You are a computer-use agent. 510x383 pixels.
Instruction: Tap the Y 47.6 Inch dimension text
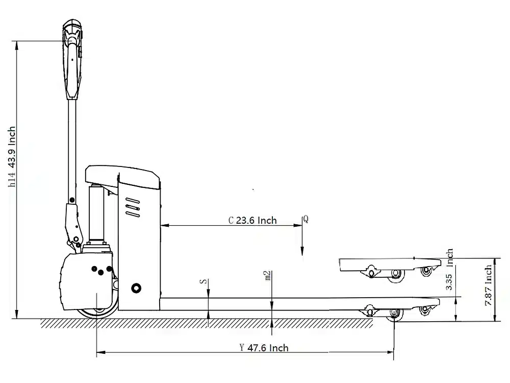264,348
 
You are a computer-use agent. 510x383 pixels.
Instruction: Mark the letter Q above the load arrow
305,219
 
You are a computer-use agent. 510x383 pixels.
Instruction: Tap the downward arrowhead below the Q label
302,251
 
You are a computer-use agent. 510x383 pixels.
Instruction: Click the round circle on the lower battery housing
136,289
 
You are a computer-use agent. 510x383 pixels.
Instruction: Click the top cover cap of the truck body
122,174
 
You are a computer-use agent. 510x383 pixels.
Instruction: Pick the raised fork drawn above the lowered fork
388,265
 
